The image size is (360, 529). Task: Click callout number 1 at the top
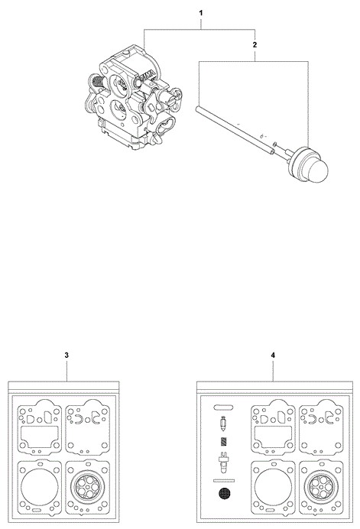click(x=201, y=13)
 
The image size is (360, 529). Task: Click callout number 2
click(x=255, y=44)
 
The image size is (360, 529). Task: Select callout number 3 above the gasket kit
click(x=66, y=355)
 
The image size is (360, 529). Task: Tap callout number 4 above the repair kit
click(x=273, y=355)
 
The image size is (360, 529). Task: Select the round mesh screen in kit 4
click(x=224, y=494)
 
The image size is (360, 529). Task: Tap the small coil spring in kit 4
click(x=223, y=442)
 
